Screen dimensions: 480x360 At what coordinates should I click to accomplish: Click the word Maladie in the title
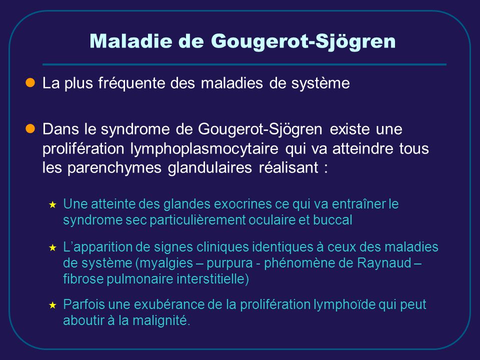pos(131,40)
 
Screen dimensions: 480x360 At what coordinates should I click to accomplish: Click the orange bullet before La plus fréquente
pos(30,82)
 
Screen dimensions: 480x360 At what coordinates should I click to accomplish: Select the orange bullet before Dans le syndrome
pos(30,129)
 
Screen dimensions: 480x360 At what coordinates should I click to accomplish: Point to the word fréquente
pos(131,83)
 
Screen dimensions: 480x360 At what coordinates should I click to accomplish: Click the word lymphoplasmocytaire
pos(204,149)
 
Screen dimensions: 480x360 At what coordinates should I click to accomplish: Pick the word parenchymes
pos(114,168)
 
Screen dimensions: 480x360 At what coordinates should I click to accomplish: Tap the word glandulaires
pos(209,167)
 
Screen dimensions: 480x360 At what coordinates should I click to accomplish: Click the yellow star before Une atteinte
pos(52,205)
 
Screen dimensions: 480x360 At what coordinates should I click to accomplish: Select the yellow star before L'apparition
pos(52,247)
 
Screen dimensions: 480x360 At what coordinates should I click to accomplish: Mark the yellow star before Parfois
pos(52,305)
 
